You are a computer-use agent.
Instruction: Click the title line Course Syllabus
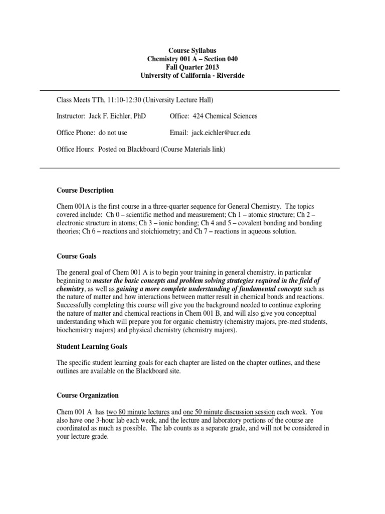coord(192,51)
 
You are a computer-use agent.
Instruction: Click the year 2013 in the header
coord(211,67)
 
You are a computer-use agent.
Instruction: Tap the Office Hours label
coord(74,149)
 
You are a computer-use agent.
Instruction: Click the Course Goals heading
coord(77,256)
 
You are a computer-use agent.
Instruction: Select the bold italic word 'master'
coord(104,281)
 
